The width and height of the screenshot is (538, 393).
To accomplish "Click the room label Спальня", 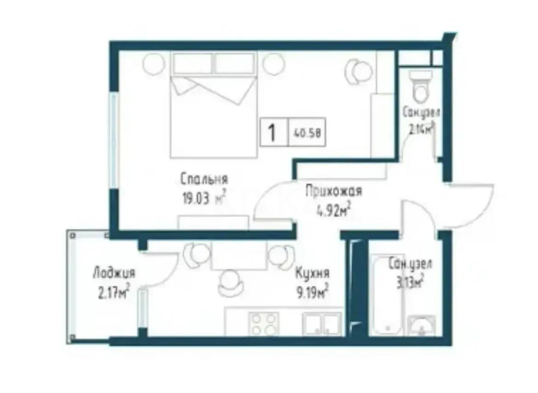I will click(x=204, y=179).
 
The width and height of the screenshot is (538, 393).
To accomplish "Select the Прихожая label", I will click(x=334, y=191).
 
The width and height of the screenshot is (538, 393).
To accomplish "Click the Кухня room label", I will click(x=313, y=273).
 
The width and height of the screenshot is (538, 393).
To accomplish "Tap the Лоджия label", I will click(x=114, y=273).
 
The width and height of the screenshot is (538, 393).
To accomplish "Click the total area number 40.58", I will click(x=307, y=133).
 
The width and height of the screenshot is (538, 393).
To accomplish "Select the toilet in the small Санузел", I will click(x=420, y=87).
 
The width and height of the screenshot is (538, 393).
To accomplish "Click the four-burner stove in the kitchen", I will click(x=263, y=323).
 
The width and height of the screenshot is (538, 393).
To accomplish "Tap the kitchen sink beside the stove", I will click(x=322, y=323).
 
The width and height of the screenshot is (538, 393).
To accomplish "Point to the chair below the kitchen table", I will click(x=229, y=283).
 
